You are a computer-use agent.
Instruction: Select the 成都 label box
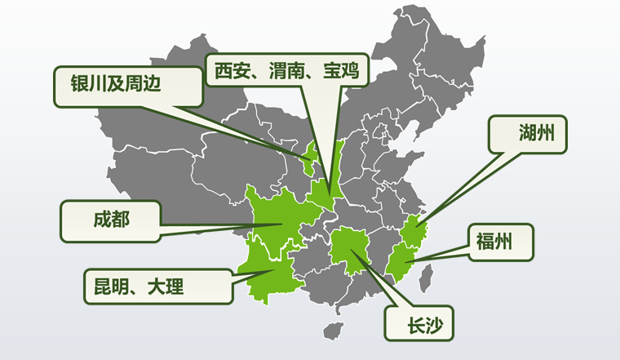click(110, 220)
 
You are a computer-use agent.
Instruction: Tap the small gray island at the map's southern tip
click(330, 331)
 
